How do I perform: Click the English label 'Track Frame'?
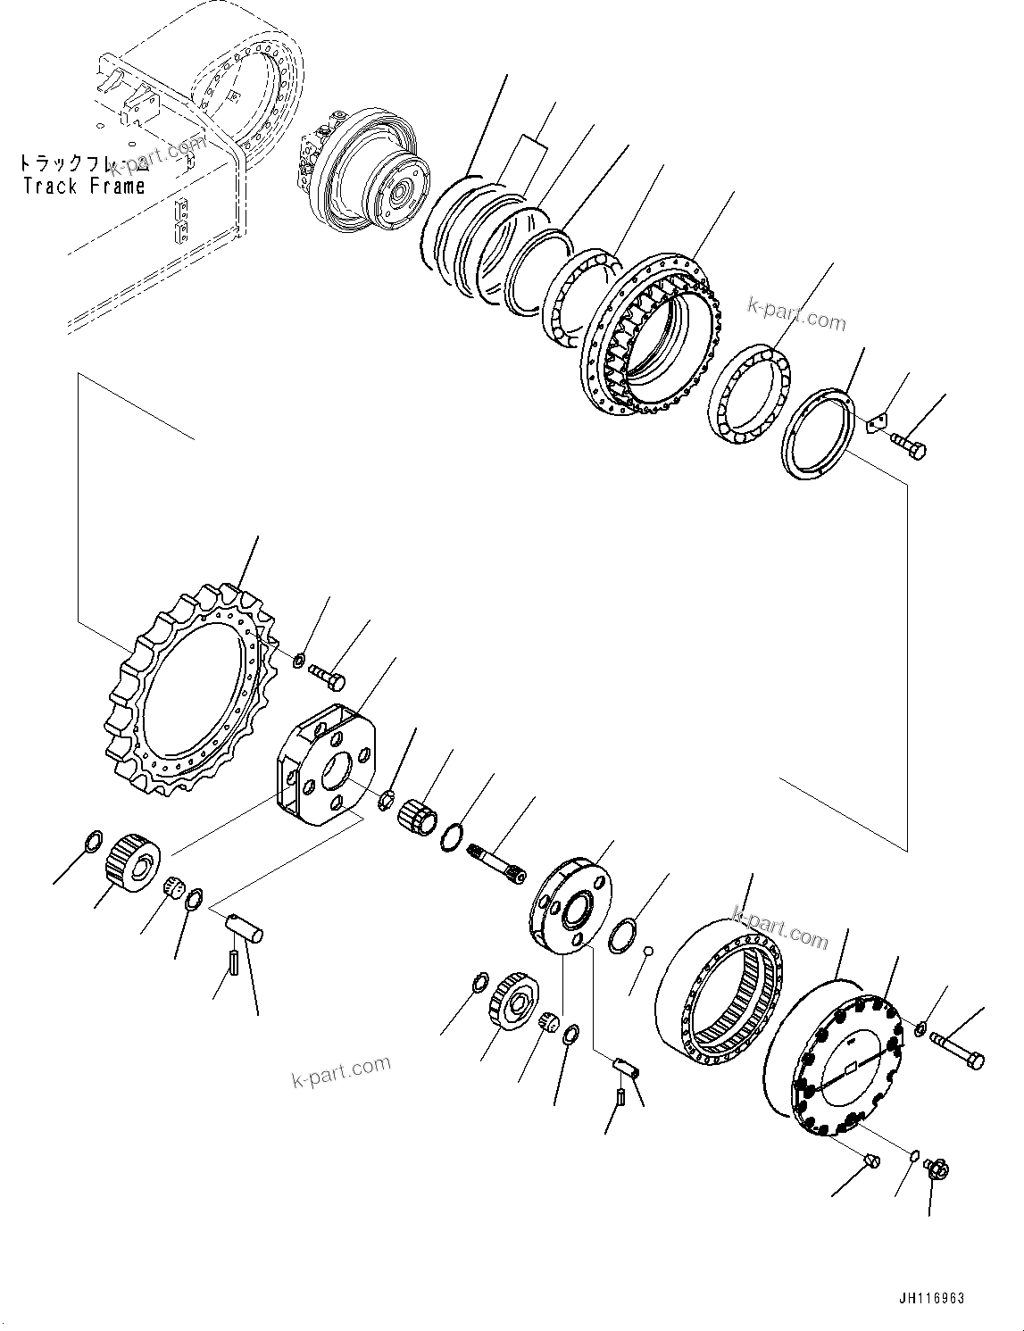(x=84, y=186)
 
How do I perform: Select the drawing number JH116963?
(x=926, y=1299)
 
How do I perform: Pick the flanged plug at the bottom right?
(x=872, y=1160)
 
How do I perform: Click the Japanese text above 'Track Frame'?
(x=84, y=163)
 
